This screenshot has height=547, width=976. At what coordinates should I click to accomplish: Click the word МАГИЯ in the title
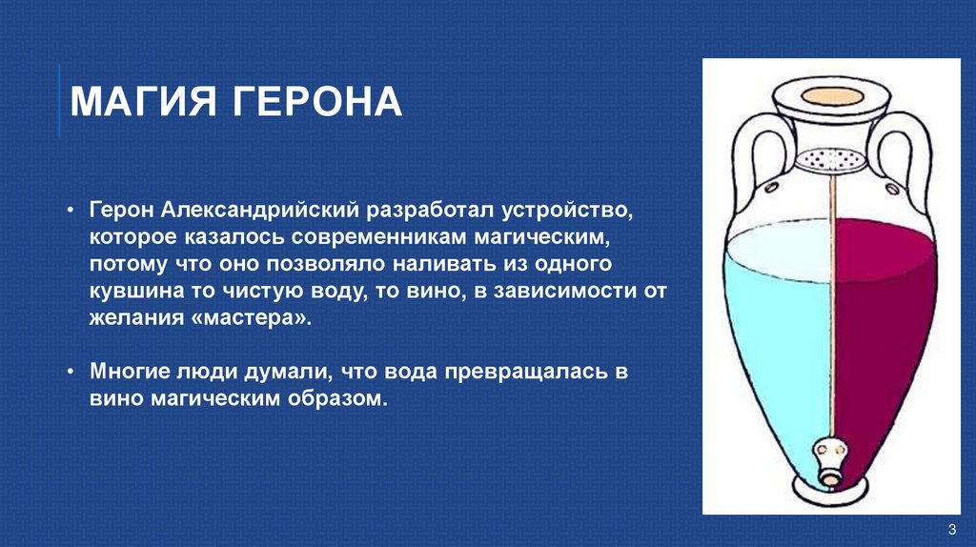pyautogui.click(x=138, y=102)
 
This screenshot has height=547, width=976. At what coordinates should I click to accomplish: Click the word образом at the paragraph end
pyautogui.click(x=337, y=399)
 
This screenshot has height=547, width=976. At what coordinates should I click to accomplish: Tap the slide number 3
pyautogui.click(x=951, y=530)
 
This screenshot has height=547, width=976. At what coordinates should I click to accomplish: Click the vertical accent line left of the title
pyautogui.click(x=59, y=101)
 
